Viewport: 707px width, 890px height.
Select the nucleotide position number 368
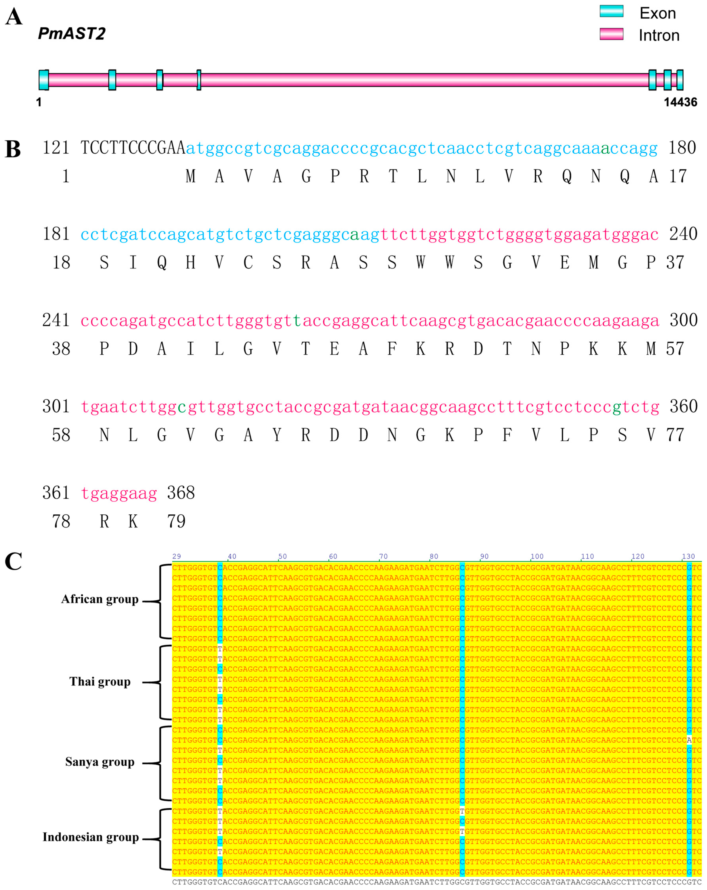tap(181, 493)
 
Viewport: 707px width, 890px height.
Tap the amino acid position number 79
tap(176, 521)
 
